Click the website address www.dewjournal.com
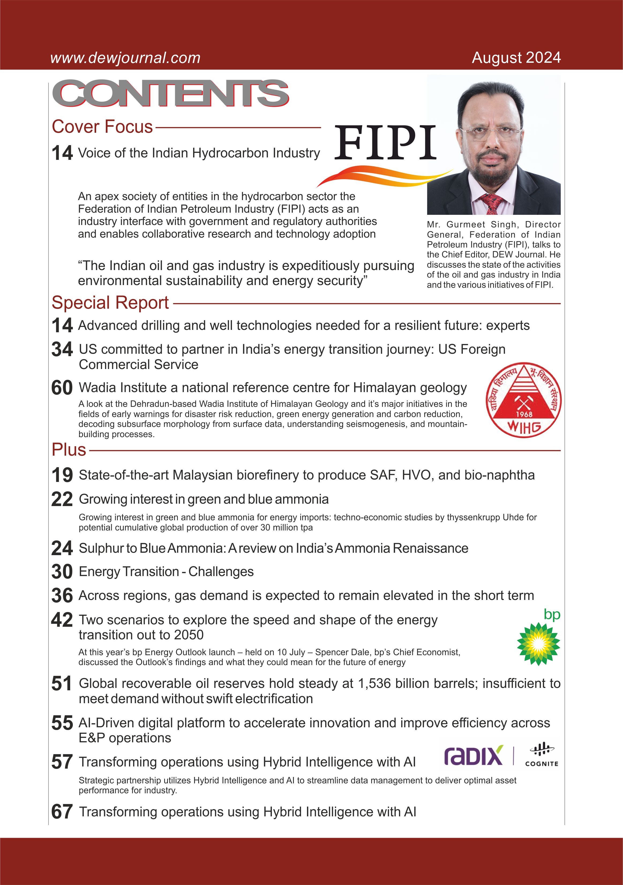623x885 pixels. tap(125, 58)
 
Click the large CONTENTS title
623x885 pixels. tap(171, 93)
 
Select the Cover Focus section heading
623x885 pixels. tap(102, 127)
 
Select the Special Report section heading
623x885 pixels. tap(110, 303)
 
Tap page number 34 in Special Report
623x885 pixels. tap(62, 349)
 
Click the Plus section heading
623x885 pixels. tap(69, 450)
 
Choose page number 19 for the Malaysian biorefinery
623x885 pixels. tap(62, 475)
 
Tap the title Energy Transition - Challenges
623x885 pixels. tap(166, 571)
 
